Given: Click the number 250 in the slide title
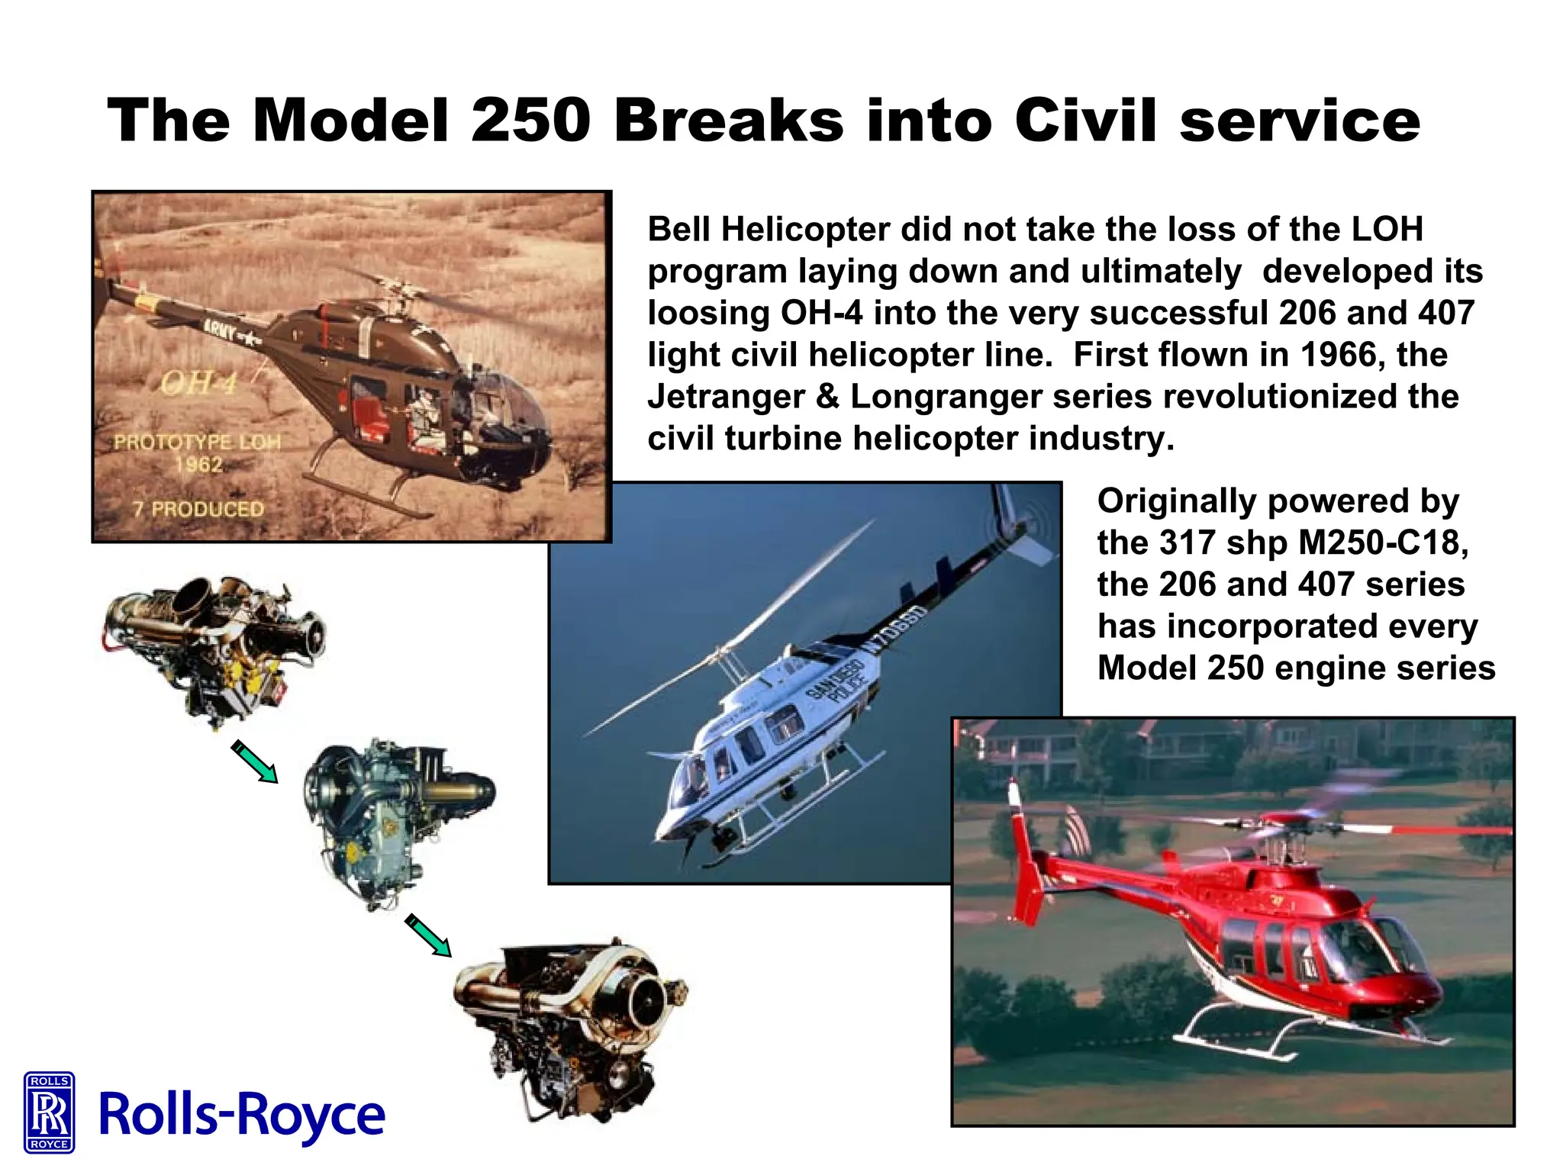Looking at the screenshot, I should coord(530,121).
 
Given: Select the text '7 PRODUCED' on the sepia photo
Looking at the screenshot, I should coord(198,509).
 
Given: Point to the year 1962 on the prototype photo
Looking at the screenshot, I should coord(198,465).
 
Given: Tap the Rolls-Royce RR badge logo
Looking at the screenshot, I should coord(50,1111).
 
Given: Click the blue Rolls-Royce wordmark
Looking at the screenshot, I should coord(242,1115).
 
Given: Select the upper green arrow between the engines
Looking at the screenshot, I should coord(255,761).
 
